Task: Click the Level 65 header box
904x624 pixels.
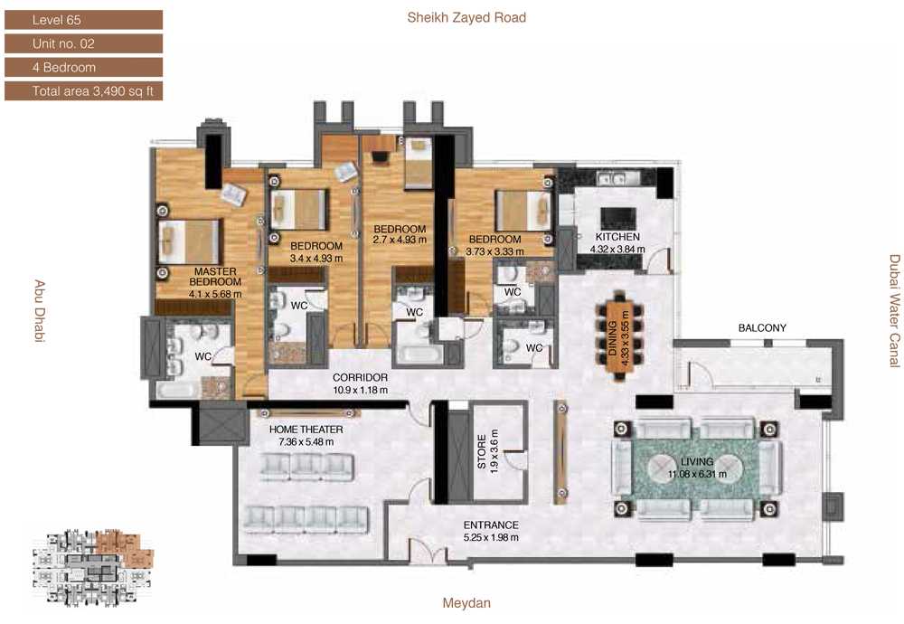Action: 83,20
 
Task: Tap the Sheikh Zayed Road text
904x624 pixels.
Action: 466,17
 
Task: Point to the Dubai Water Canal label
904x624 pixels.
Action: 894,311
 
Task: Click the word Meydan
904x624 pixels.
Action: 466,603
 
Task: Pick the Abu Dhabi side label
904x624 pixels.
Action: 39,311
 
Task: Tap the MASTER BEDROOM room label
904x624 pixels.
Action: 215,276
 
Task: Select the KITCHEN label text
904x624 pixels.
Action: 617,236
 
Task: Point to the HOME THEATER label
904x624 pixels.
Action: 306,429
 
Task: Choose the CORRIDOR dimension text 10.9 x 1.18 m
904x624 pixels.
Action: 361,390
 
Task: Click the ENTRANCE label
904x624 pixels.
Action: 491,525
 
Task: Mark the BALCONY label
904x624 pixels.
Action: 762,327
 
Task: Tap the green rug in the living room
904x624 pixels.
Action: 696,468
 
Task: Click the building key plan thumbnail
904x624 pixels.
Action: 93,568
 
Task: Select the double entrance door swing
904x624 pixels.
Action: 428,552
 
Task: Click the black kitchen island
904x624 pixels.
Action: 618,219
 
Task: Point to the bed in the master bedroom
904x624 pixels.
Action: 189,241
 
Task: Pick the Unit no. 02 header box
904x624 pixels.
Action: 83,43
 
